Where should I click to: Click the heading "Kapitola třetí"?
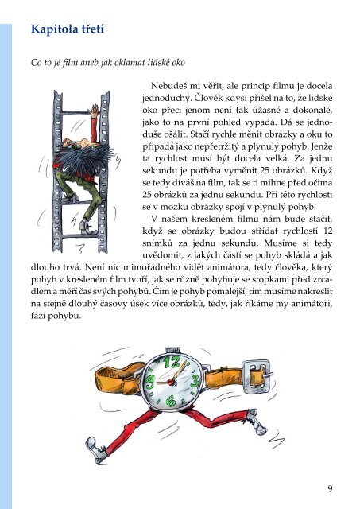[x=68, y=29]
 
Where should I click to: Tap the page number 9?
[x=330, y=488]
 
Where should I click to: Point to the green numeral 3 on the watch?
[x=195, y=381]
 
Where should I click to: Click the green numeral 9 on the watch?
[x=150, y=381]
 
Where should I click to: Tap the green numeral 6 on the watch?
[x=171, y=401]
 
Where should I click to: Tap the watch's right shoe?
[x=256, y=422]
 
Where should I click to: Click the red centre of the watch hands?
[x=170, y=382]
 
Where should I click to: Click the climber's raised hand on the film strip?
[x=95, y=110]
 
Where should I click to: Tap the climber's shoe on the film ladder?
[x=87, y=227]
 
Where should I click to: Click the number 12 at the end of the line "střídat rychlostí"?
[x=328, y=231]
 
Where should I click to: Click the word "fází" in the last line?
[x=38, y=316]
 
